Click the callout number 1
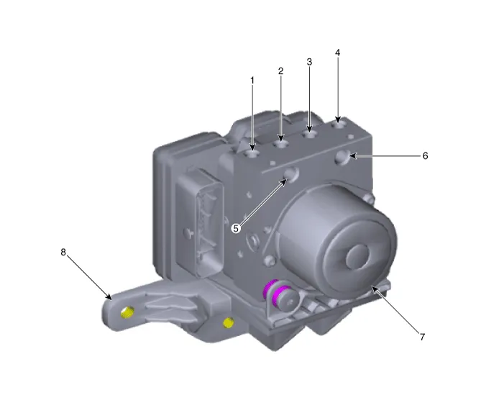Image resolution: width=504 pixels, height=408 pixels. [x=252, y=81]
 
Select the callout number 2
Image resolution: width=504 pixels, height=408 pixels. [x=280, y=71]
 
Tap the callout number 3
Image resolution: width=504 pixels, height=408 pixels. [x=309, y=62]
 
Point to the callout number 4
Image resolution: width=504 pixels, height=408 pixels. [x=337, y=53]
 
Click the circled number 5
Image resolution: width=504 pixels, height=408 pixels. [x=236, y=228]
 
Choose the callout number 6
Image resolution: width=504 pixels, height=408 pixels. [x=425, y=155]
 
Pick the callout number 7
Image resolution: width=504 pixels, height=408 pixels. [x=422, y=337]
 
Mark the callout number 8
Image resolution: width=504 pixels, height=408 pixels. [x=63, y=253]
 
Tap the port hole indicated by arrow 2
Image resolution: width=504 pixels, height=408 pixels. [x=280, y=145]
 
